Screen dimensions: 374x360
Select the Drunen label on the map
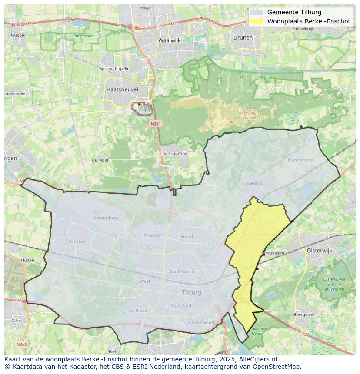click(x=243, y=38)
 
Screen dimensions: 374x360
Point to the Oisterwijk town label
click(x=319, y=251)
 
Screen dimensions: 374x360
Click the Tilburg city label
click(x=191, y=292)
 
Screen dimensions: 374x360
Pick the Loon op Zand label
click(x=174, y=154)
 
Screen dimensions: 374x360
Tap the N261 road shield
click(x=156, y=124)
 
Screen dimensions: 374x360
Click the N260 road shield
click(x=21, y=344)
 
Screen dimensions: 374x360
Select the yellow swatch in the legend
click(x=257, y=21)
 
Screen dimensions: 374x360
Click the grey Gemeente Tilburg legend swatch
click(x=257, y=12)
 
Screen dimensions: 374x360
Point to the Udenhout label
click(x=255, y=184)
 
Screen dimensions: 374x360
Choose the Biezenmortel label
click(x=300, y=160)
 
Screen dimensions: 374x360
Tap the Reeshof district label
click(x=77, y=241)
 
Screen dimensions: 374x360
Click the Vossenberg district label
click(x=106, y=218)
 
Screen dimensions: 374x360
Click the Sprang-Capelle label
click(x=114, y=69)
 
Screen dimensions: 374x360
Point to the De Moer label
click(x=100, y=160)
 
